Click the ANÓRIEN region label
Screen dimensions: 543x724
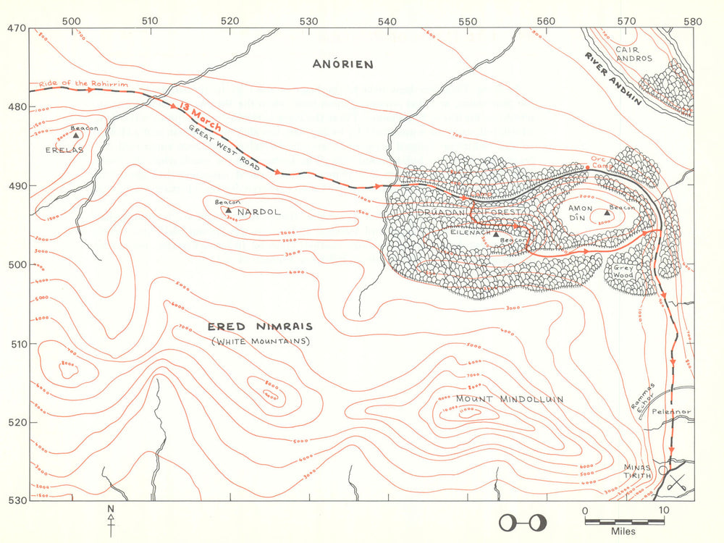click(342, 64)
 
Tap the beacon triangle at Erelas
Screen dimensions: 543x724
click(75, 135)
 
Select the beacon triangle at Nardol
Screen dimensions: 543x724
click(229, 210)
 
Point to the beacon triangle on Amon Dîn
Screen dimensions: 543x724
click(607, 212)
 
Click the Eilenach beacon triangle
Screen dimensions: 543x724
click(496, 234)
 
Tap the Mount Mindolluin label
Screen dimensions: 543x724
click(500, 399)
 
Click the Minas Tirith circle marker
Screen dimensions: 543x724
click(662, 470)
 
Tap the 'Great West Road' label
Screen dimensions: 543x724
click(224, 148)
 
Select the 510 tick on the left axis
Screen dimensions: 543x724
click(16, 343)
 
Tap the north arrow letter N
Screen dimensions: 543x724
click(111, 509)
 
